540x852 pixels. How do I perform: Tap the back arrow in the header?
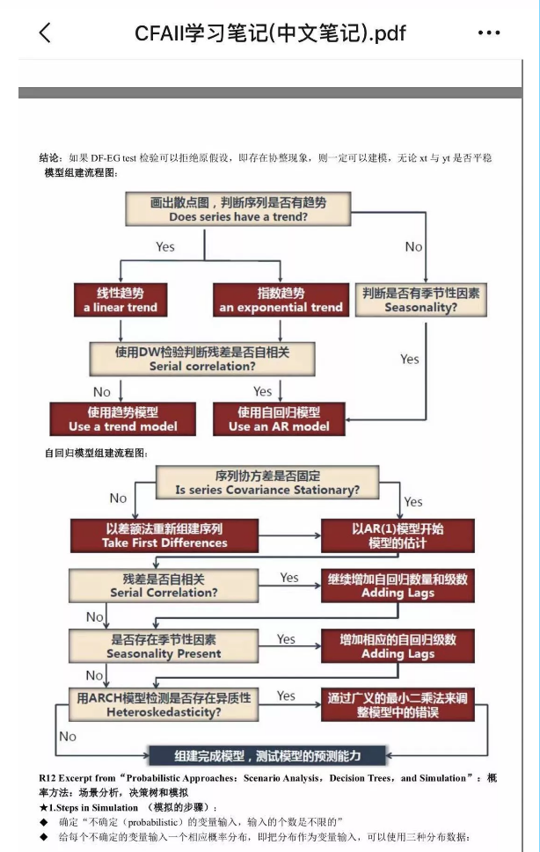pos(45,33)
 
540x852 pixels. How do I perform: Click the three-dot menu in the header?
pos(489,33)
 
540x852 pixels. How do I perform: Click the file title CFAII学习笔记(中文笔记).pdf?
pos(270,33)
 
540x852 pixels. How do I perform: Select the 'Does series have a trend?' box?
pos(237,208)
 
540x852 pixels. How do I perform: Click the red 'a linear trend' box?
pos(120,300)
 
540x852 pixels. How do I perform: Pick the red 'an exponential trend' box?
pos(281,300)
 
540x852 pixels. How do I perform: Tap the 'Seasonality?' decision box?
pos(421,300)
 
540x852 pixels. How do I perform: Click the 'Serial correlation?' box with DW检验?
pos(202,359)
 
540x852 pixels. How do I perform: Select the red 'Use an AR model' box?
pos(279,419)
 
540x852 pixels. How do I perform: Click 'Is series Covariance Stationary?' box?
pos(266,482)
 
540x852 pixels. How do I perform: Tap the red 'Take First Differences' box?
pos(164,535)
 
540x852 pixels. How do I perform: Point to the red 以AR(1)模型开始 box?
pos(398,535)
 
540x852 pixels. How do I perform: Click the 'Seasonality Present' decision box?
pos(164,646)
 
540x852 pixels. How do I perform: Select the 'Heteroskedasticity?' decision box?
pos(164,704)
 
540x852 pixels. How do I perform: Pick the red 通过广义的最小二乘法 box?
pos(398,704)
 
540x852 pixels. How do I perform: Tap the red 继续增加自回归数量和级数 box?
pos(398,586)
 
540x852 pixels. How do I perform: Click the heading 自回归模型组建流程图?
pos(97,453)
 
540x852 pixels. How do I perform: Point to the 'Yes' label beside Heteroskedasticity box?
pos(287,695)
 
